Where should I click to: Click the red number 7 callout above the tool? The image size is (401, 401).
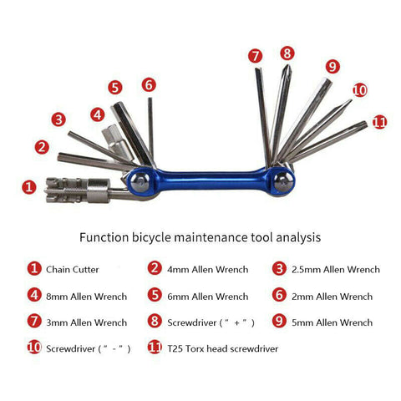coord(255,56)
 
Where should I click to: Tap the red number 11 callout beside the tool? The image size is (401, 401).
coord(380,122)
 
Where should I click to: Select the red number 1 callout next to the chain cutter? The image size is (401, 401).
coord(29,187)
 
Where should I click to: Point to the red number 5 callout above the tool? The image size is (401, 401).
coord(115,88)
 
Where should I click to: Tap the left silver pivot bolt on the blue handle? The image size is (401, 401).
coord(140,183)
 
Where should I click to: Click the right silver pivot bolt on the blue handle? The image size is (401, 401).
coord(283,182)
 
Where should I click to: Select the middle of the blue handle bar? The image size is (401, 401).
coord(211,180)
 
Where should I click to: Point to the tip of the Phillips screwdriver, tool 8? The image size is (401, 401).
coord(287,66)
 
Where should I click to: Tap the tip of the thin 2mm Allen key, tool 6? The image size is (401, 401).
coord(150,99)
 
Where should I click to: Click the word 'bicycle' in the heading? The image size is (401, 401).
coord(151,237)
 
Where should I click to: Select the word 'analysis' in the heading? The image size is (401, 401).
coord(298,237)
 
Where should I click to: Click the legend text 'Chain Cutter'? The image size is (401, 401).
coord(73,270)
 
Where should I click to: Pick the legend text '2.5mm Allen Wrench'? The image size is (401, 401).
coord(336,269)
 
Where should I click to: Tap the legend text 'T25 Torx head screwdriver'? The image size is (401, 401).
coord(223,348)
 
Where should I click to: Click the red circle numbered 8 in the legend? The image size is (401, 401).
coord(155,321)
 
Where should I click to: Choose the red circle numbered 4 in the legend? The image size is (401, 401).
coord(34,295)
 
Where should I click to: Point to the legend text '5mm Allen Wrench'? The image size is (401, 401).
coord(332,322)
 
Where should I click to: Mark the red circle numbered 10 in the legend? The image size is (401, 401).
coord(34,348)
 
